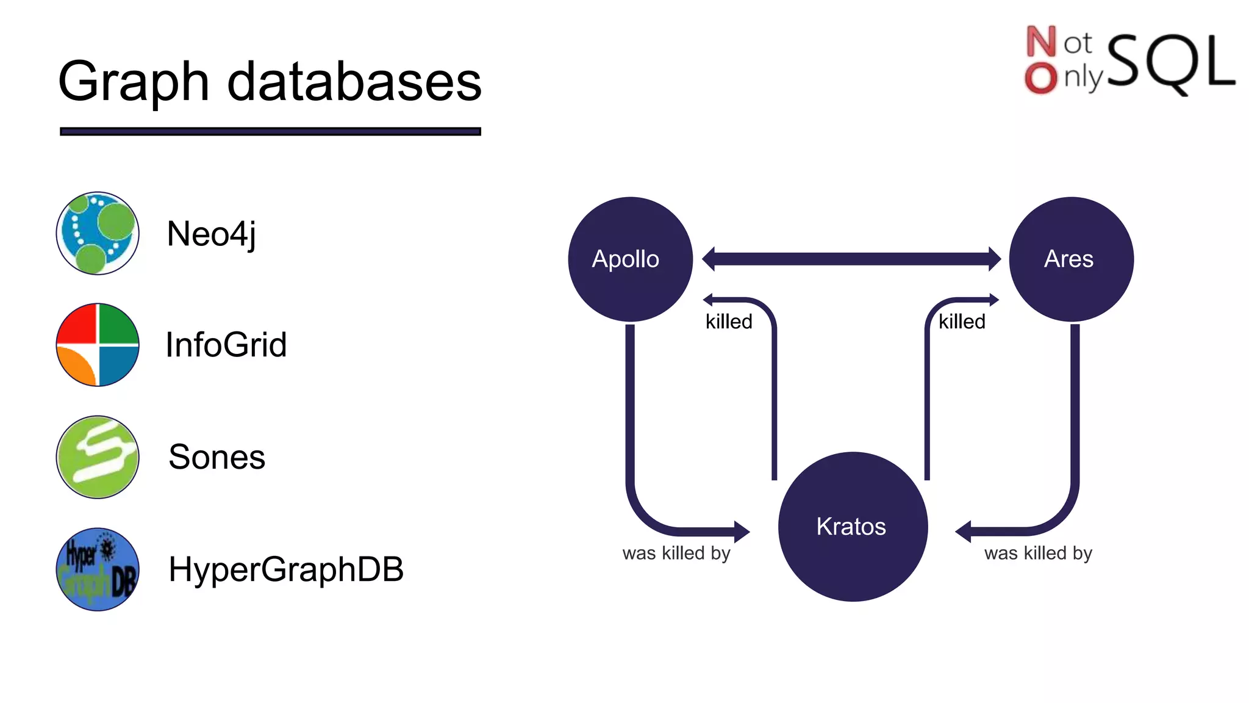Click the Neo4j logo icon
pyautogui.click(x=98, y=233)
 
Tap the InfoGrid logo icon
pyautogui.click(x=98, y=345)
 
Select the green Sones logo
pyautogui.click(x=98, y=457)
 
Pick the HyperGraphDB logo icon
pyautogui.click(x=98, y=569)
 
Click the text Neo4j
pyautogui.click(x=211, y=234)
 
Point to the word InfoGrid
pyautogui.click(x=226, y=345)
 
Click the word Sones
pyautogui.click(x=217, y=457)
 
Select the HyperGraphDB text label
pyautogui.click(x=285, y=569)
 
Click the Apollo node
pyautogui.click(x=630, y=259)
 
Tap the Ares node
pyautogui.click(x=1071, y=259)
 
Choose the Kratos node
pyautogui.click(x=853, y=527)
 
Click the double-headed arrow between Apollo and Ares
pyautogui.click(x=851, y=259)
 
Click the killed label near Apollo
pyautogui.click(x=729, y=322)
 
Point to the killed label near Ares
pyautogui.click(x=962, y=322)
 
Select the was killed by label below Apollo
pyautogui.click(x=676, y=553)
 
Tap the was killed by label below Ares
pyautogui.click(x=1038, y=553)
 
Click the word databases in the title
pyautogui.click(x=354, y=82)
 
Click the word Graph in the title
pyautogui.click(x=134, y=83)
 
